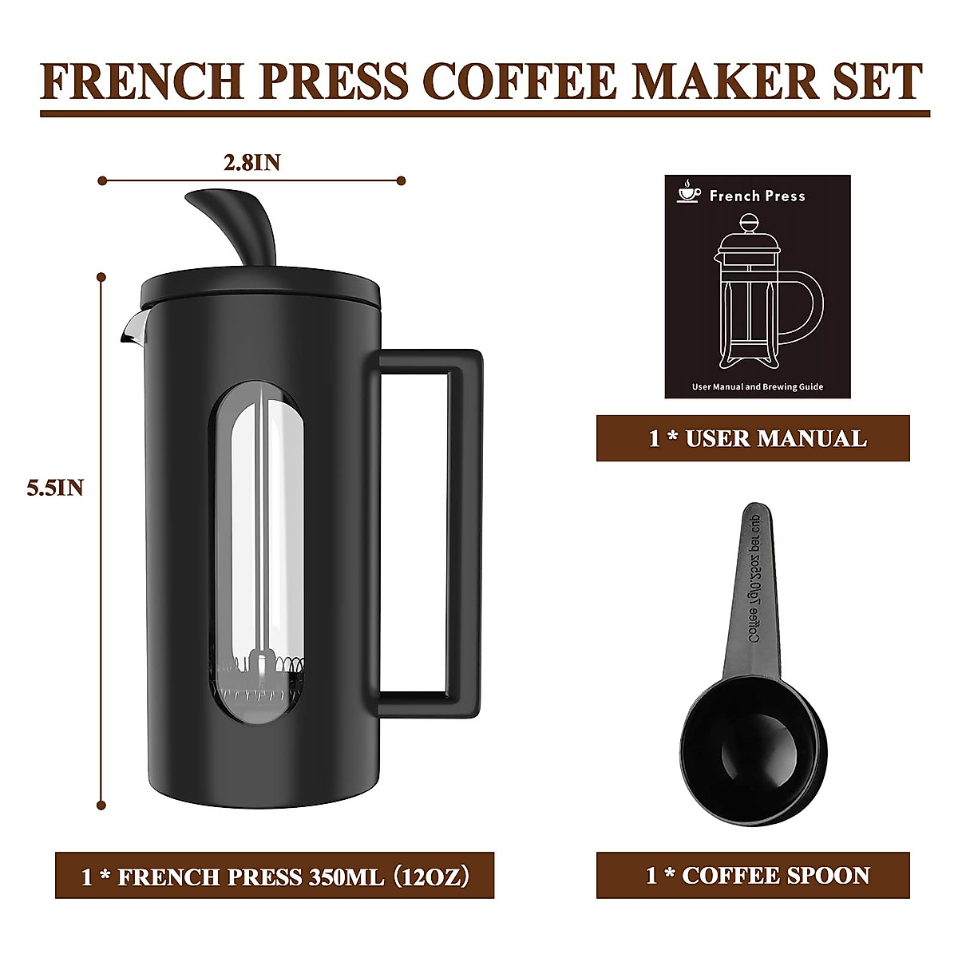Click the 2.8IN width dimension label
251,163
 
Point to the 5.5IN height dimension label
55,488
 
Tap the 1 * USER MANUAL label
753,438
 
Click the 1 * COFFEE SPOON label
753,876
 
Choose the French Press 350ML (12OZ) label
275,876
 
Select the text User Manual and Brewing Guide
757,387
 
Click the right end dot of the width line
402,181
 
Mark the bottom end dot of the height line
101,805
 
